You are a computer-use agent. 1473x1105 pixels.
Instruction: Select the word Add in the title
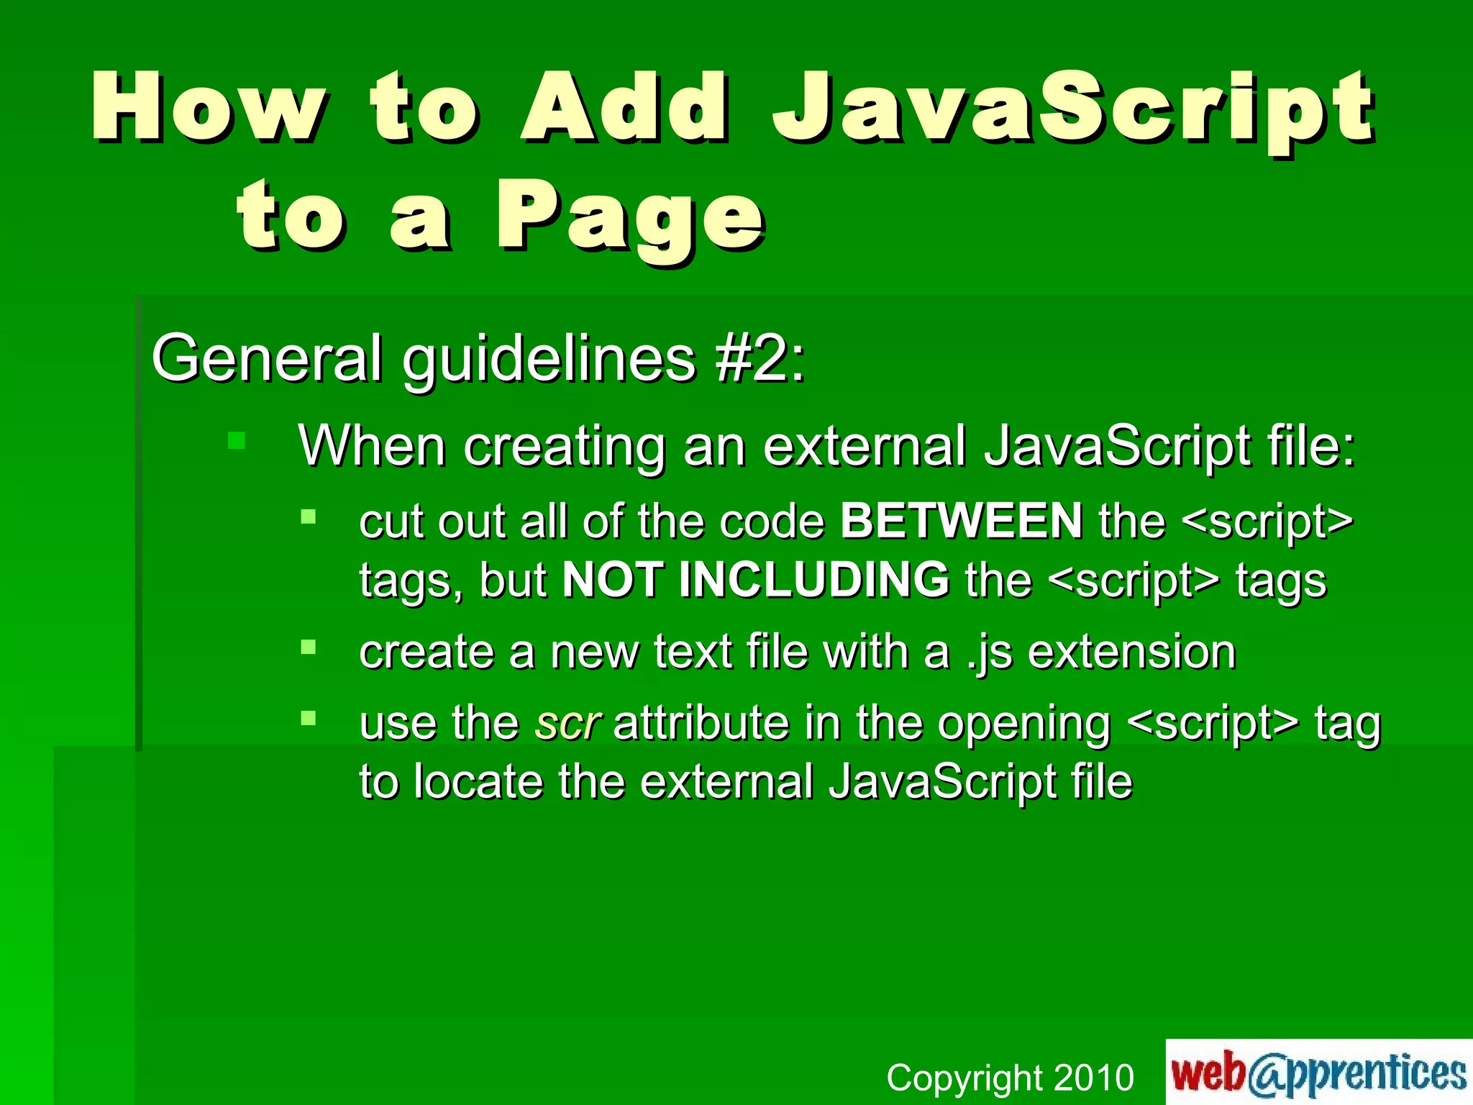624,108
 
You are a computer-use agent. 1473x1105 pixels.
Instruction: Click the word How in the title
209,108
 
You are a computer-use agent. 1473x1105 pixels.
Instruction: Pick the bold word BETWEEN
961,521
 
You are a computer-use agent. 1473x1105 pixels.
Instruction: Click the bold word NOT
612,580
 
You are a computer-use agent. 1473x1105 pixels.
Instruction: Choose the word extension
1131,652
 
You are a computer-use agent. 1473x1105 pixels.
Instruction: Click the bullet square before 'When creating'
237,440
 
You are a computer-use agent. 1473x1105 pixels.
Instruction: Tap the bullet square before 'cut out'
309,517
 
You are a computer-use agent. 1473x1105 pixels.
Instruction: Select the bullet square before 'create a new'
309,647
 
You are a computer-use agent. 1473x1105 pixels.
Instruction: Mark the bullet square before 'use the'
309,718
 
